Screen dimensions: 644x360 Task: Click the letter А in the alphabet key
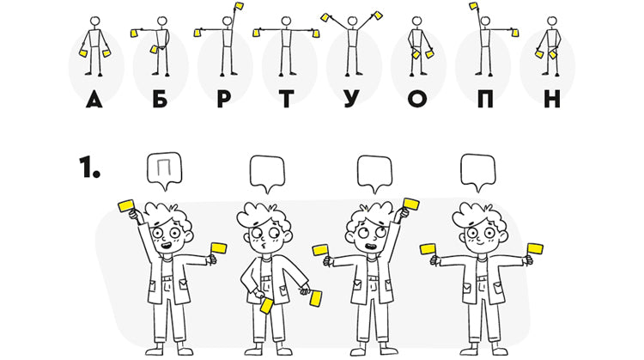pos(94,99)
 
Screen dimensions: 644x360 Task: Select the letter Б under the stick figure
pos(161,99)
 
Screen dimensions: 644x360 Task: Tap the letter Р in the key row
pos(224,99)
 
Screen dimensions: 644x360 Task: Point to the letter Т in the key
pos(286,99)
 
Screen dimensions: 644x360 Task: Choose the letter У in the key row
pos(351,99)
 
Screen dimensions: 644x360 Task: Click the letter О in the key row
pos(417,99)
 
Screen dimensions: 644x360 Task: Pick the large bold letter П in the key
pos(485,99)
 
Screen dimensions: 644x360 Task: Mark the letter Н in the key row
pos(552,99)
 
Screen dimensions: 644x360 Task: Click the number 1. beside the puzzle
pos(89,167)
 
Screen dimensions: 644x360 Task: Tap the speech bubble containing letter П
pos(164,170)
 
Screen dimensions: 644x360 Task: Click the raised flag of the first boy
pos(126,205)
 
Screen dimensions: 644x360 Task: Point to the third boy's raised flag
pos(410,204)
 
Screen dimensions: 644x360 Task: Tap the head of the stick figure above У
pos(352,21)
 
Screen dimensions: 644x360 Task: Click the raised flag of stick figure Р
pos(239,6)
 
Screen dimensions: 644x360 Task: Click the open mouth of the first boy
pos(167,246)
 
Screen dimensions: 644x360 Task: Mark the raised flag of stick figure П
pos(473,6)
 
